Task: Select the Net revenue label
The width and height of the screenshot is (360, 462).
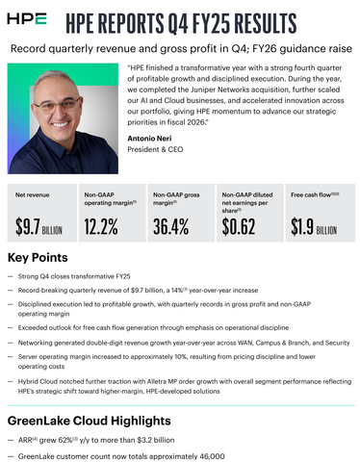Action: [34, 194]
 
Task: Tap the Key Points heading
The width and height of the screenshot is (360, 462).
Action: [38, 258]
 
